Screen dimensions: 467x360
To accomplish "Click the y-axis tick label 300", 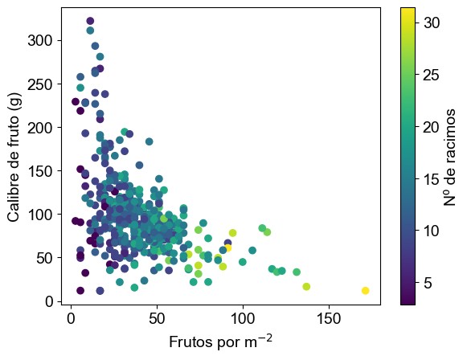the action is click(40, 40).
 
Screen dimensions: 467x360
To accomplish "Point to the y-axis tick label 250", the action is click(40, 84).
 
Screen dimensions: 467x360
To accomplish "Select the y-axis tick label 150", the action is click(40, 171).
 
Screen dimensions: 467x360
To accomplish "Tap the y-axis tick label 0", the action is click(49, 301).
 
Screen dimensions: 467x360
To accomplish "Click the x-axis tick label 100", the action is click(243, 319).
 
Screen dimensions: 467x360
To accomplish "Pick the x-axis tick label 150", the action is click(329, 319).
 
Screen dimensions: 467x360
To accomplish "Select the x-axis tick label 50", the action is click(157, 319).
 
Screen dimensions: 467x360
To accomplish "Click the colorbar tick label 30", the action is click(432, 22).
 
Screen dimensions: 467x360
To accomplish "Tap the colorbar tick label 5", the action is click(428, 283).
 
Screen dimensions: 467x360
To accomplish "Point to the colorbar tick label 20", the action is click(432, 127).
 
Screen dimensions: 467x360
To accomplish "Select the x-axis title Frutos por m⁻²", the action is click(221, 342).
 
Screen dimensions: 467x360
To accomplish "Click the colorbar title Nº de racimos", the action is click(449, 157).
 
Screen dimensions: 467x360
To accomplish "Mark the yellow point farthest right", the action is click(366, 291).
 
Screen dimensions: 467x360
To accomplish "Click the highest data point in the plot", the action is click(90, 21).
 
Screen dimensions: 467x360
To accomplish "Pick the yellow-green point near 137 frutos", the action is click(306, 286).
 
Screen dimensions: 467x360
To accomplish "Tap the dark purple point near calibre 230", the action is click(76, 102).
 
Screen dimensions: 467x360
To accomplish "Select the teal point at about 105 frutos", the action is click(252, 251).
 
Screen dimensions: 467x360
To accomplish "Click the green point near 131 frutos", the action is click(297, 272).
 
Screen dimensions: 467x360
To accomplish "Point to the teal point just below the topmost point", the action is click(90, 31).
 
